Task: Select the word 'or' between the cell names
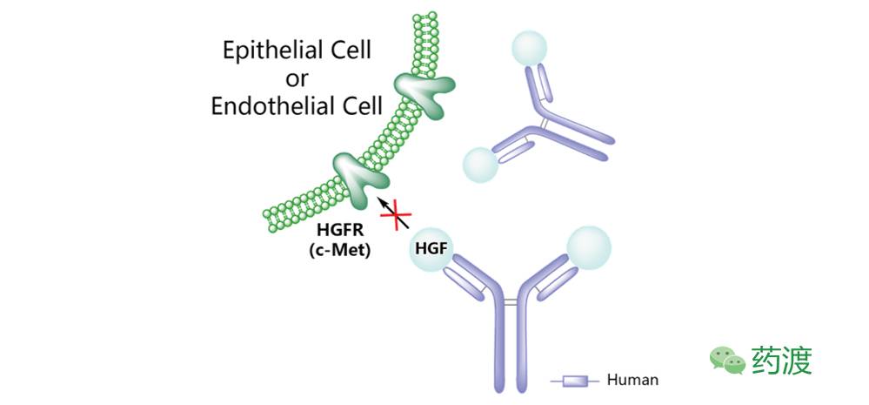[x=297, y=78]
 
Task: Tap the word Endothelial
[x=267, y=105]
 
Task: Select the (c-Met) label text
[x=339, y=250]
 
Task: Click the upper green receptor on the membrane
[x=423, y=90]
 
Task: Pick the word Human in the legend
[x=633, y=380]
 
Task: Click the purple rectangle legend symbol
[x=575, y=381]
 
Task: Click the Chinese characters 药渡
[x=782, y=361]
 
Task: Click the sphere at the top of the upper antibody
[x=529, y=48]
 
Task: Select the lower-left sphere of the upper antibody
[x=481, y=165]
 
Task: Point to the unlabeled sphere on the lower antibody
[x=589, y=248]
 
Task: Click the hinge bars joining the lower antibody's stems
[x=511, y=302]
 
